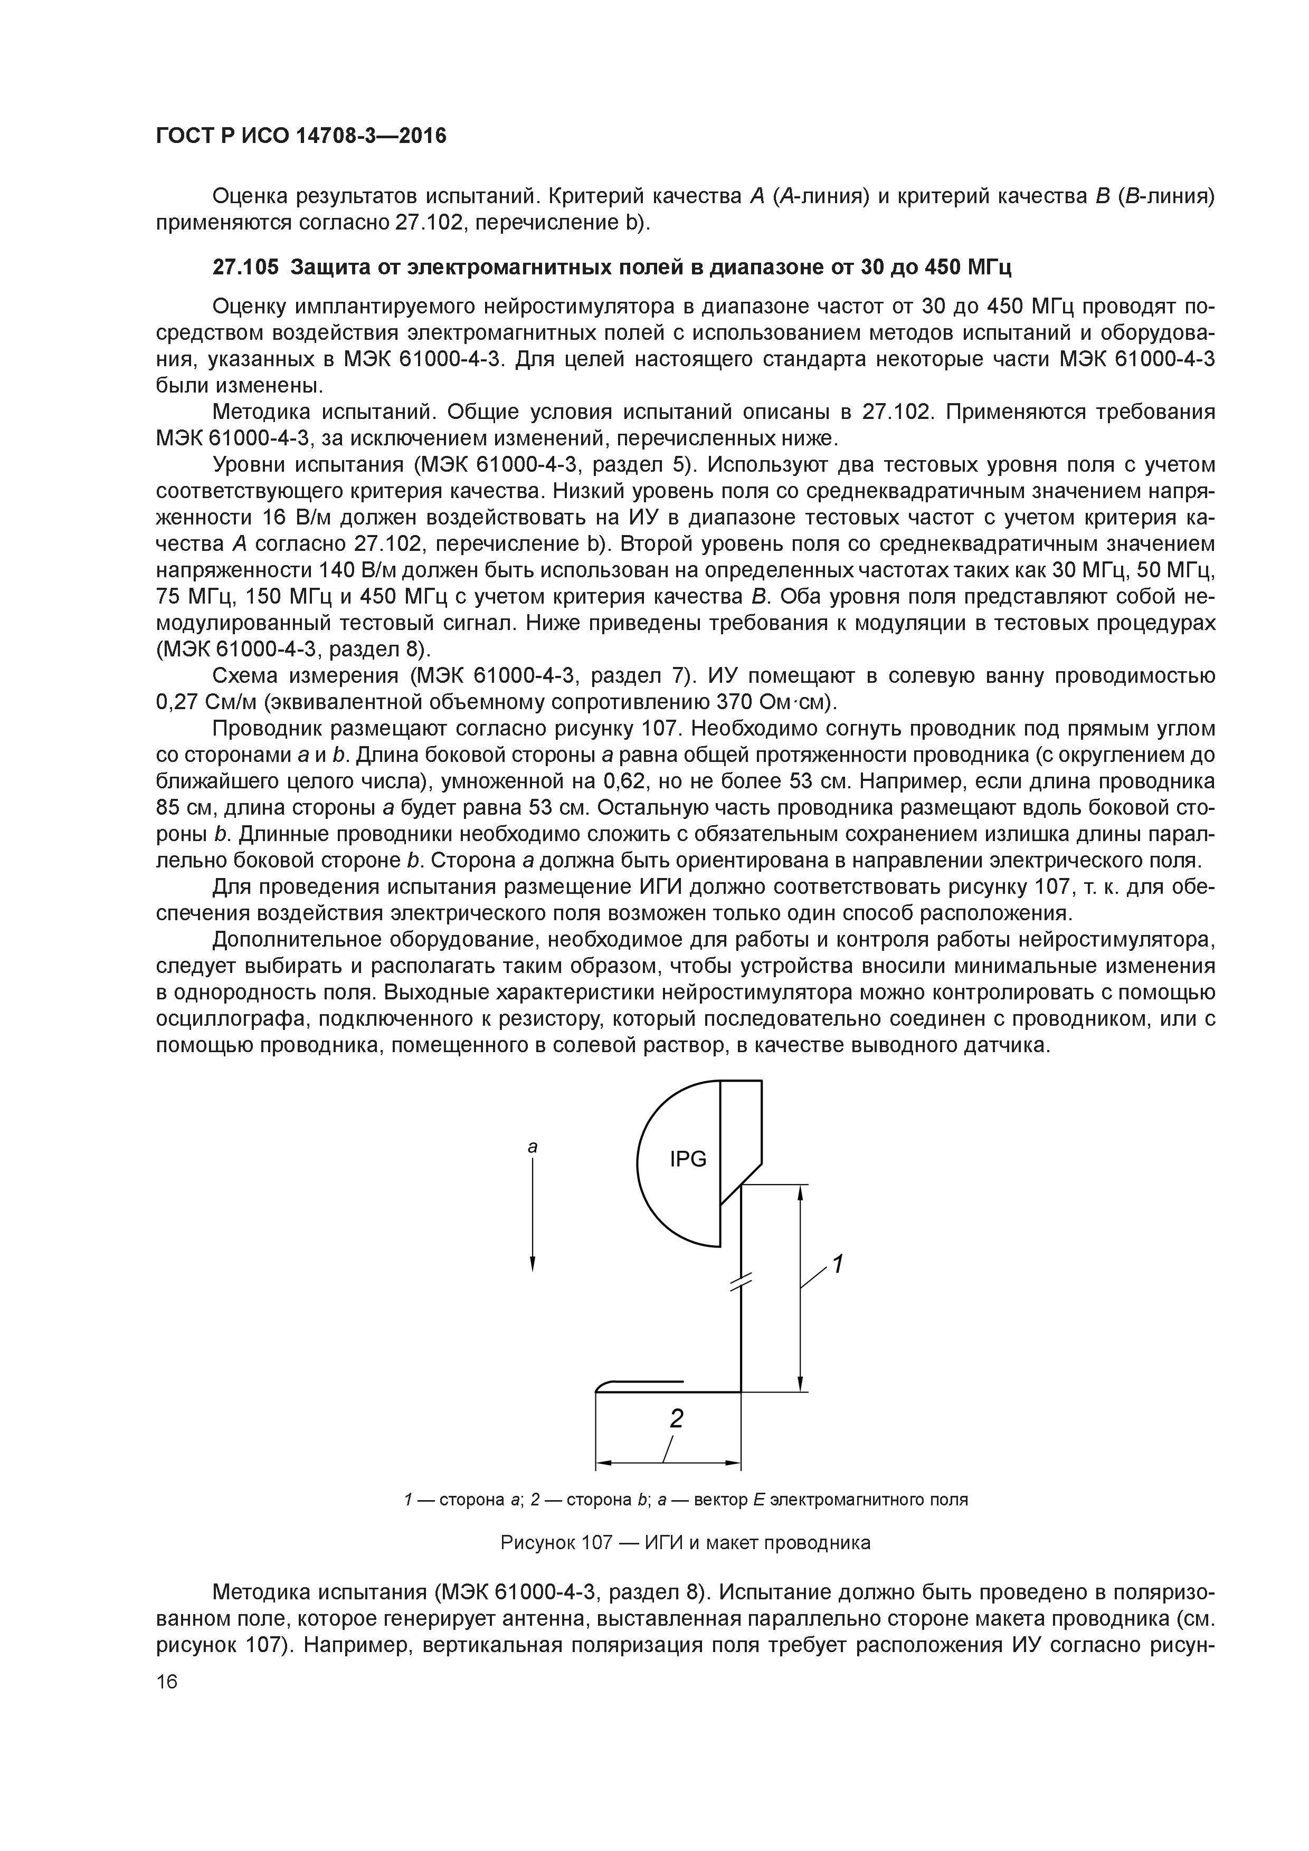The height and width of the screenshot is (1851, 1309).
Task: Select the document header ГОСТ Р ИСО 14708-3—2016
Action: click(301, 136)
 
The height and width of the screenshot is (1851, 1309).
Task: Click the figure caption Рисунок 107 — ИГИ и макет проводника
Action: click(686, 1543)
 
